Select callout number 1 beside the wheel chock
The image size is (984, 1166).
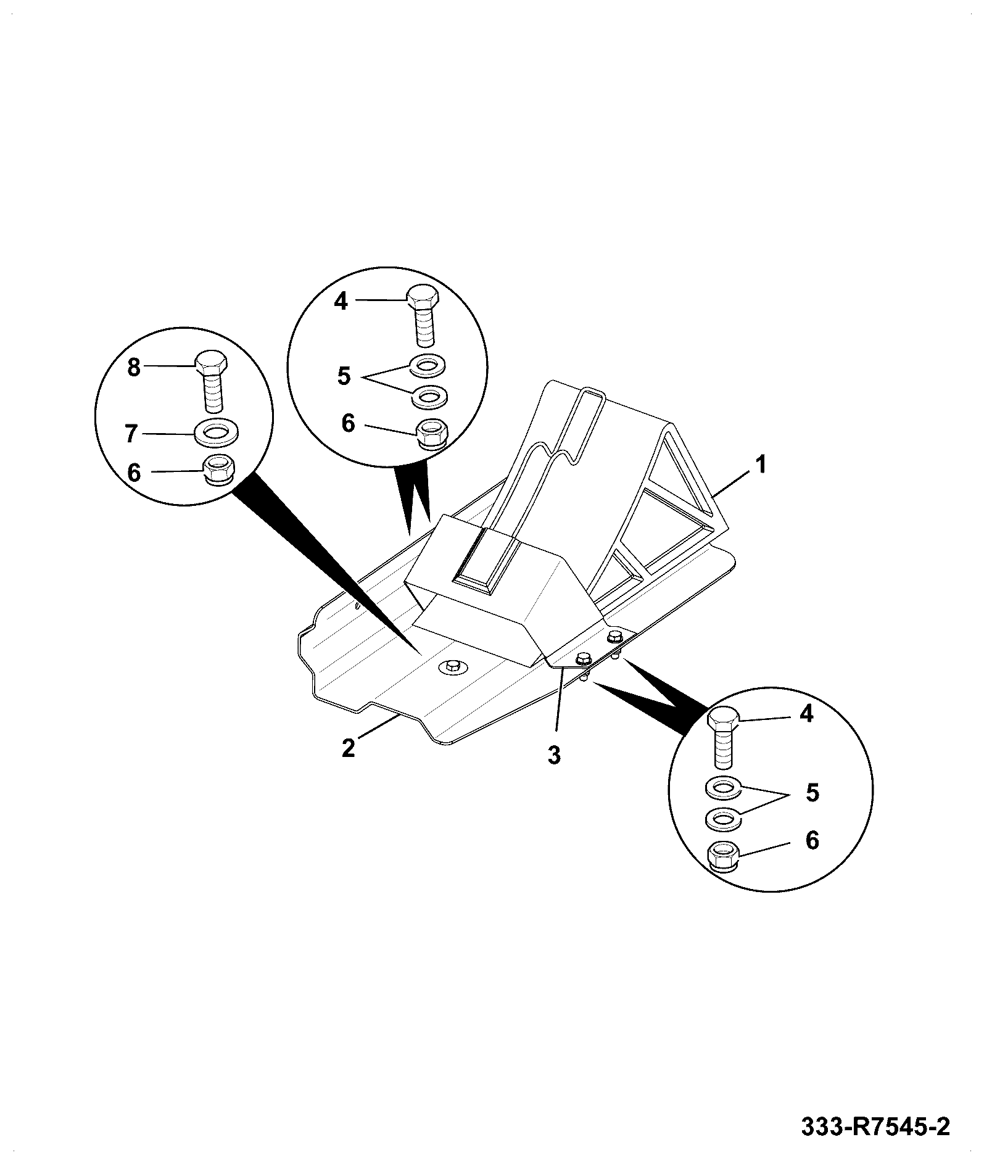pyautogui.click(x=761, y=464)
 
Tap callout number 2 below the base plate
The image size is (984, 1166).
pyautogui.click(x=349, y=748)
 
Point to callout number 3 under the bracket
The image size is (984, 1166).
pyautogui.click(x=554, y=755)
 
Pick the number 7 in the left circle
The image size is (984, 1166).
pyautogui.click(x=131, y=434)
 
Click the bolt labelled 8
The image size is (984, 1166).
pyautogui.click(x=212, y=383)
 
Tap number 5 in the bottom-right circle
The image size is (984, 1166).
pyautogui.click(x=812, y=793)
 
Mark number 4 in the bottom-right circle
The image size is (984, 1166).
pyautogui.click(x=807, y=714)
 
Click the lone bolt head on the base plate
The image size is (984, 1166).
pyautogui.click(x=452, y=665)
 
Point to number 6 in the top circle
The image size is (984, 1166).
pyautogui.click(x=349, y=424)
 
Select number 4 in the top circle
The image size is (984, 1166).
pyautogui.click(x=342, y=301)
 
